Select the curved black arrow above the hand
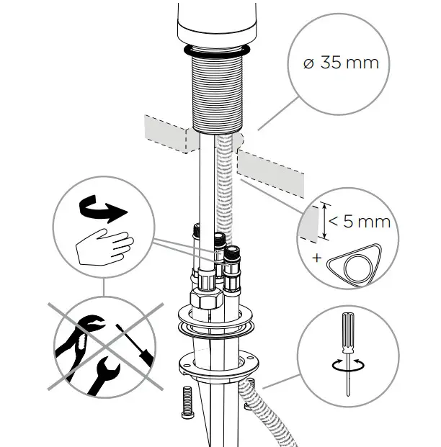point(100,208)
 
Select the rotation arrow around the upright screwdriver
point(347,365)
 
